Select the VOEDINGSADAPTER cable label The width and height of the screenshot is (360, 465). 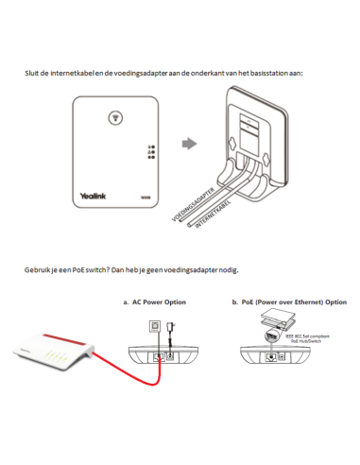point(200,204)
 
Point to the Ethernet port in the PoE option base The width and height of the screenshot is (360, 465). point(274,357)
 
